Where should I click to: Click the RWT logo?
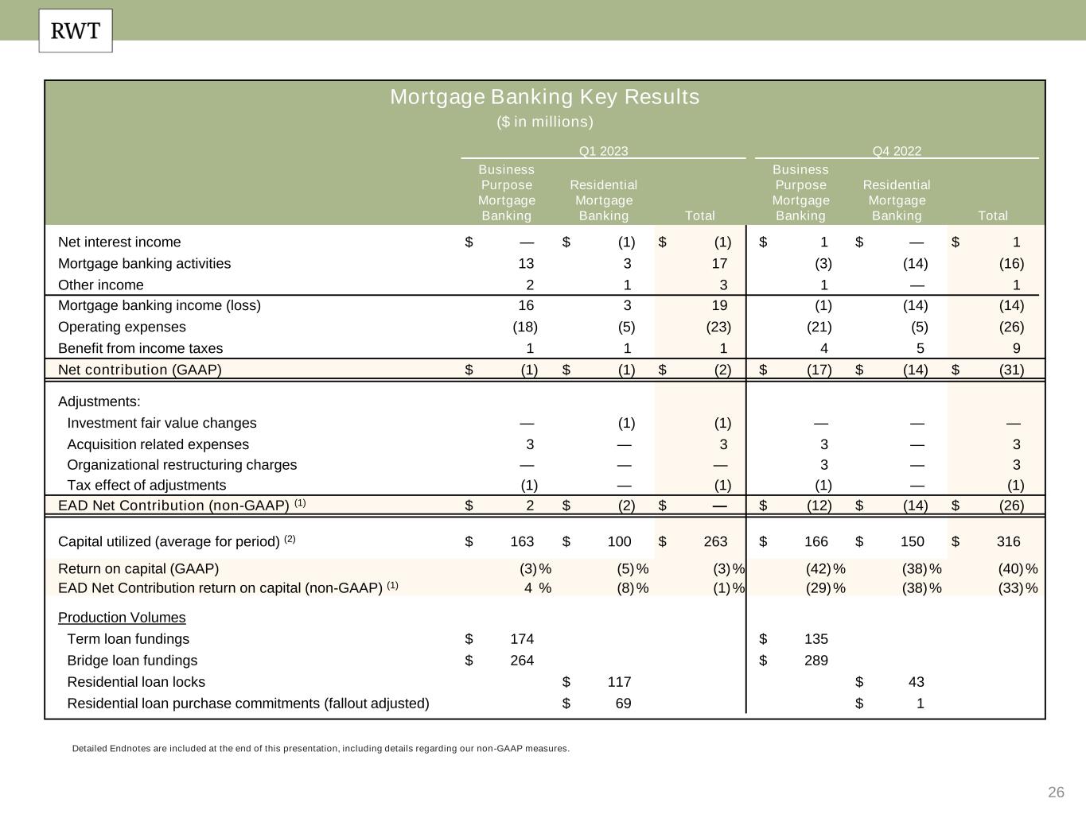[76, 31]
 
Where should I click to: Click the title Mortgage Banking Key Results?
[544, 97]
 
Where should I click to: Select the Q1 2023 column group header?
[603, 151]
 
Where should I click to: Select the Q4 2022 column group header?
[897, 151]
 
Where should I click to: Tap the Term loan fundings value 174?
[522, 639]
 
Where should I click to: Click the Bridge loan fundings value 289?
[815, 661]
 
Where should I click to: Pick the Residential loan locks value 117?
[619, 682]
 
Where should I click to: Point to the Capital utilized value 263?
[715, 542]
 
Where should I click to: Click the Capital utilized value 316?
[1008, 542]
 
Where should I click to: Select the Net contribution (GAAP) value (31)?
[1011, 370]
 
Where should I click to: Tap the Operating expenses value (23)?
[718, 328]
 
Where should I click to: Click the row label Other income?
[101, 285]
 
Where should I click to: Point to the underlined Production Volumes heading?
[122, 618]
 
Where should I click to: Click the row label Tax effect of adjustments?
[146, 486]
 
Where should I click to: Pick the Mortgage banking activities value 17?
[719, 264]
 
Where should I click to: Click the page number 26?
[1056, 793]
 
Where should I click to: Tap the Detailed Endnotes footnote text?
[321, 749]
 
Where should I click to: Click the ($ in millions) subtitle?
[545, 122]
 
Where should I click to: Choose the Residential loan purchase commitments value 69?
[622, 704]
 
